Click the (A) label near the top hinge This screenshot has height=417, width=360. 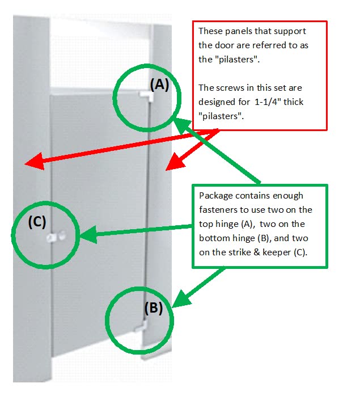pyautogui.click(x=159, y=85)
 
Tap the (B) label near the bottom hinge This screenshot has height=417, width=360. pyautogui.click(x=154, y=308)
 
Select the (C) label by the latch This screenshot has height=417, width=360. pyautogui.click(x=37, y=222)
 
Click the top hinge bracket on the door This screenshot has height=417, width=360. pyautogui.click(x=146, y=96)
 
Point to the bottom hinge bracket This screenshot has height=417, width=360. pyautogui.click(x=141, y=326)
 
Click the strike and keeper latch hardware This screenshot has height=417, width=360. pyautogui.click(x=56, y=236)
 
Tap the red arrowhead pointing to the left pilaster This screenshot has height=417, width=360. pyautogui.click(x=35, y=162)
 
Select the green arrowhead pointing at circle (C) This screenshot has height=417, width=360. pyautogui.click(x=88, y=234)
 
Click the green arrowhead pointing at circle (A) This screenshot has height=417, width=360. pyautogui.click(x=182, y=125)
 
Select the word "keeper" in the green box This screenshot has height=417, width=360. pyautogui.click(x=277, y=252)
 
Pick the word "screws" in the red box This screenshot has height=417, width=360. pyautogui.click(x=230, y=88)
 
